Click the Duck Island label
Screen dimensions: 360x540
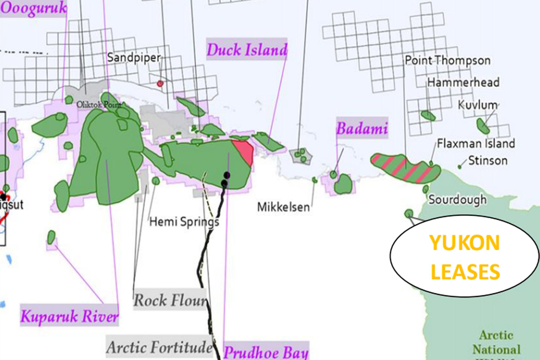(x=247, y=50)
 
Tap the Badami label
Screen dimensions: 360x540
(x=362, y=129)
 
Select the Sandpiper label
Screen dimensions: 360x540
(x=133, y=58)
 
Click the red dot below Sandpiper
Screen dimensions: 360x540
(x=160, y=83)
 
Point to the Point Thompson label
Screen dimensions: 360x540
(x=447, y=60)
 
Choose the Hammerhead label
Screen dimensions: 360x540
(x=463, y=82)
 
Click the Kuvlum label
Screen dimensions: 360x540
(x=478, y=105)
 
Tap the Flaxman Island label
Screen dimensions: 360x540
(x=476, y=143)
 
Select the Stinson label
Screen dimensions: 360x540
(x=487, y=161)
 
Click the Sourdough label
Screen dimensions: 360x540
(x=457, y=199)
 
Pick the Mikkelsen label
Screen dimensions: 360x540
(x=283, y=207)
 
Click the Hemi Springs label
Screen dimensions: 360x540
(x=184, y=222)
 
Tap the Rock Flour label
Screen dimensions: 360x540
(x=170, y=300)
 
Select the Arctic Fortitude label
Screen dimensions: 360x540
(x=159, y=347)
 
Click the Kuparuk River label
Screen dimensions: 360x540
(x=69, y=316)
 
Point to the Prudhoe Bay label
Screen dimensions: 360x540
(x=266, y=352)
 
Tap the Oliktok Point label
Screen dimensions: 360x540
(x=99, y=105)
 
